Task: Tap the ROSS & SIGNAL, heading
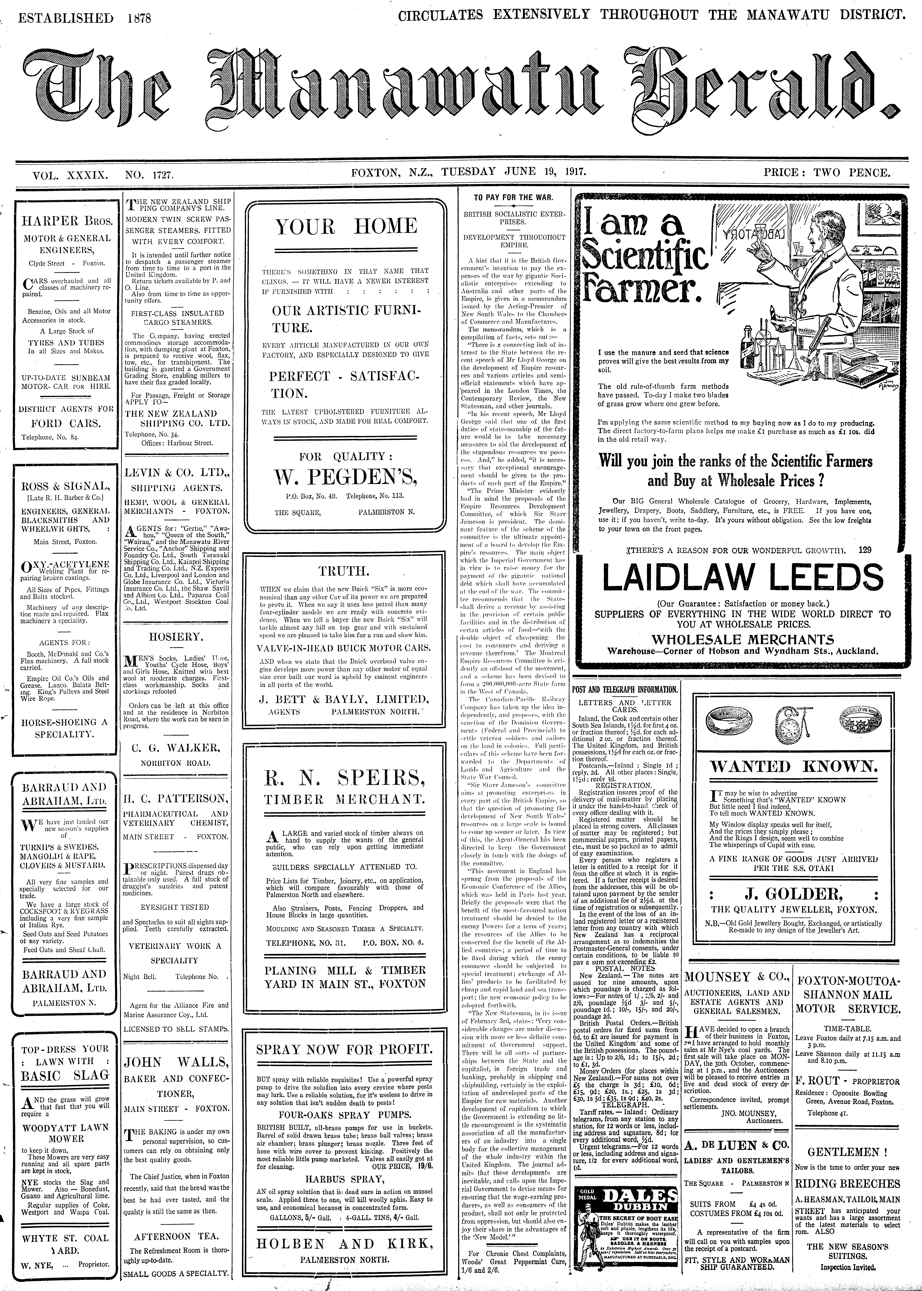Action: click(x=65, y=487)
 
